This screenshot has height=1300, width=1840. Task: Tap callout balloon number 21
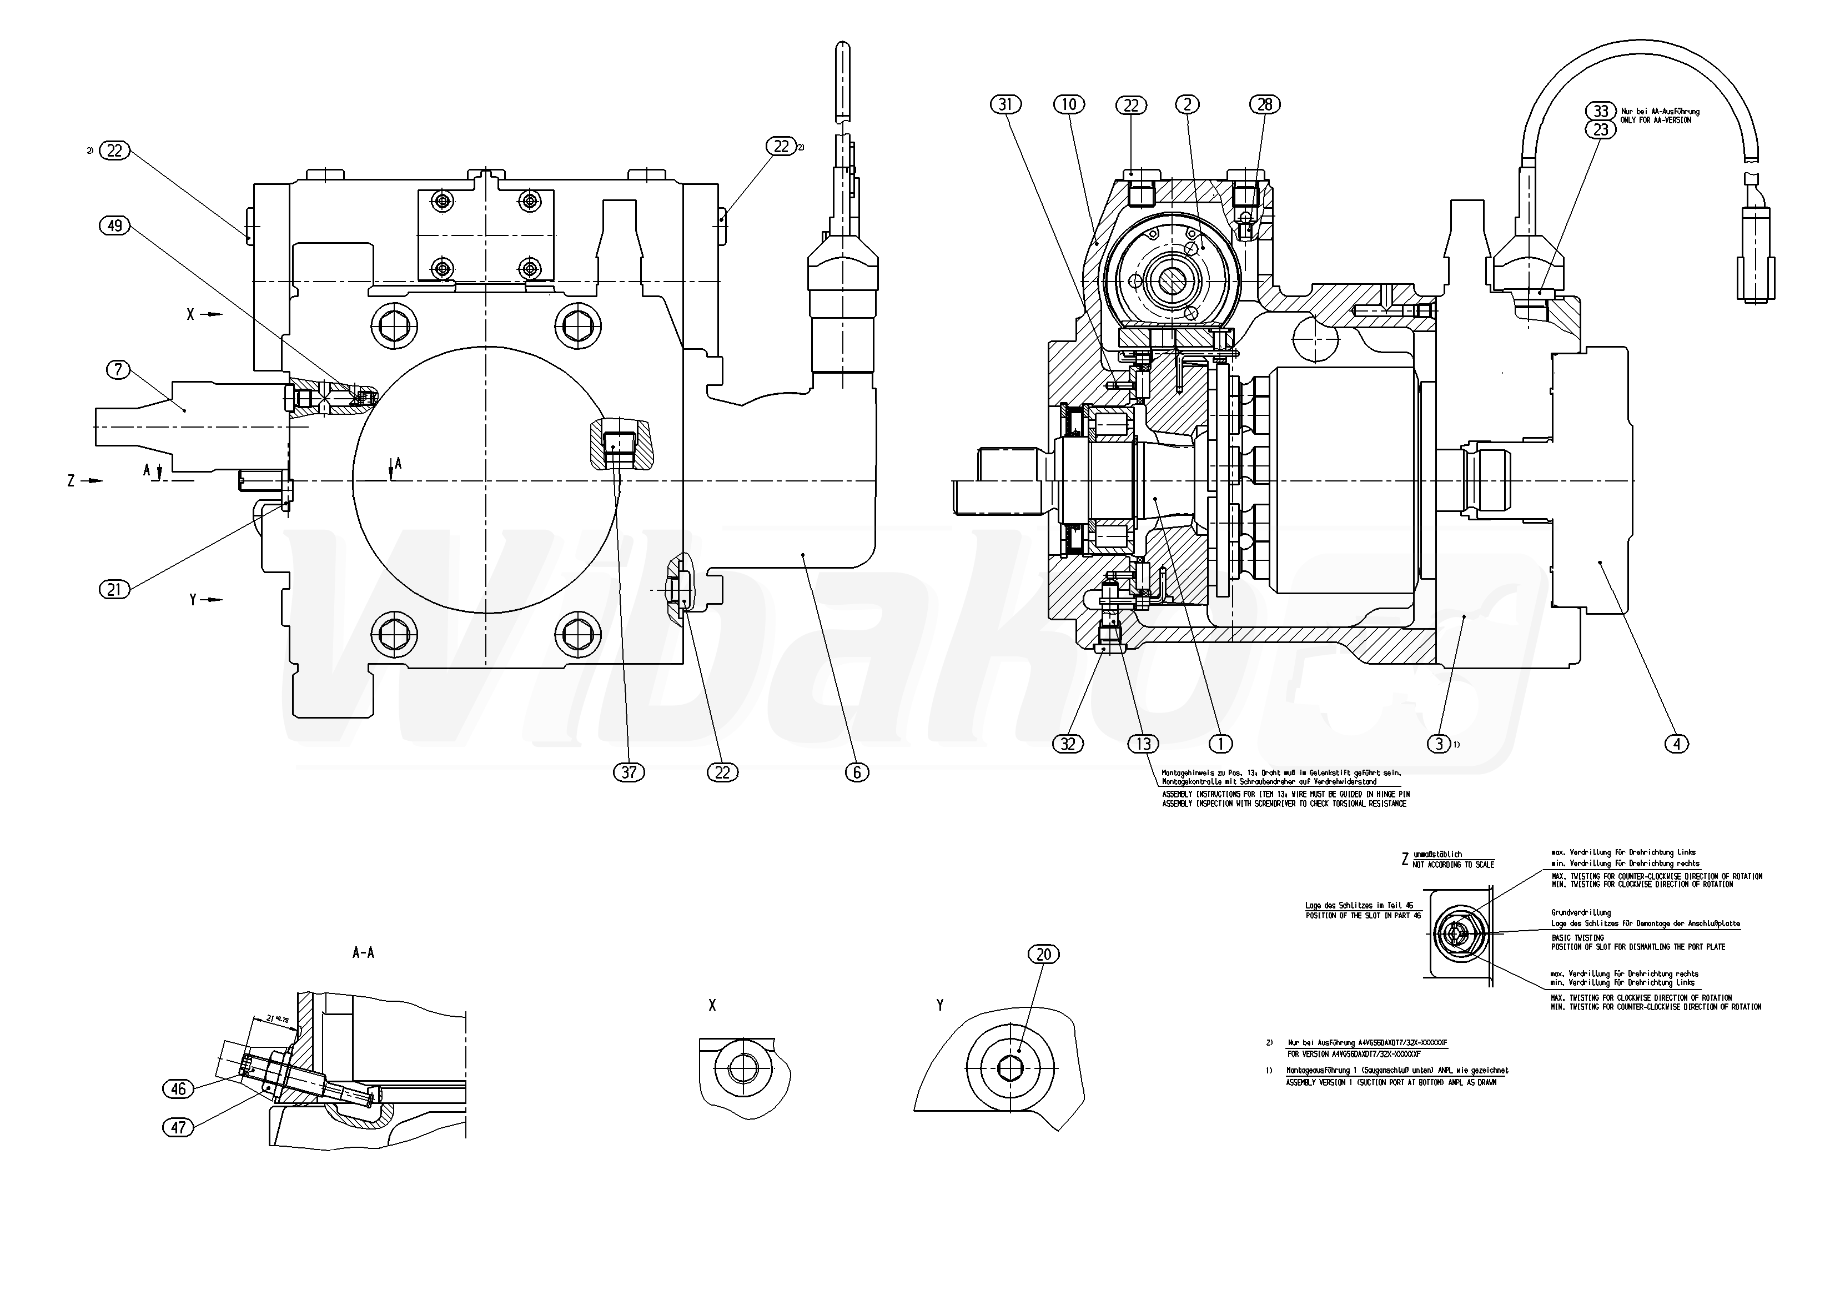[x=114, y=590]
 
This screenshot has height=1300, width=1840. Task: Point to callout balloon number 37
[x=629, y=772]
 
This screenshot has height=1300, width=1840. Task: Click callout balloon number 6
[x=857, y=772]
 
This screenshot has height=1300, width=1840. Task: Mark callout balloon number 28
[x=1265, y=104]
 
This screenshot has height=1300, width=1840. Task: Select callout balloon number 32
[x=1068, y=744]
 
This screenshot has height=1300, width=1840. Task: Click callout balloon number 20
[x=1043, y=954]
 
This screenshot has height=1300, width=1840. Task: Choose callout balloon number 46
[x=178, y=1088]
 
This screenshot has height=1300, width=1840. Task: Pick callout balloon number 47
[x=178, y=1128]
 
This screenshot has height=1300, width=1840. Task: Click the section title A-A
[x=363, y=953]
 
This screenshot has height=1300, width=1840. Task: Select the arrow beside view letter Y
[x=212, y=600]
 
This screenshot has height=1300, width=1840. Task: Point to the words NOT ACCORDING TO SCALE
[x=1454, y=865]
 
